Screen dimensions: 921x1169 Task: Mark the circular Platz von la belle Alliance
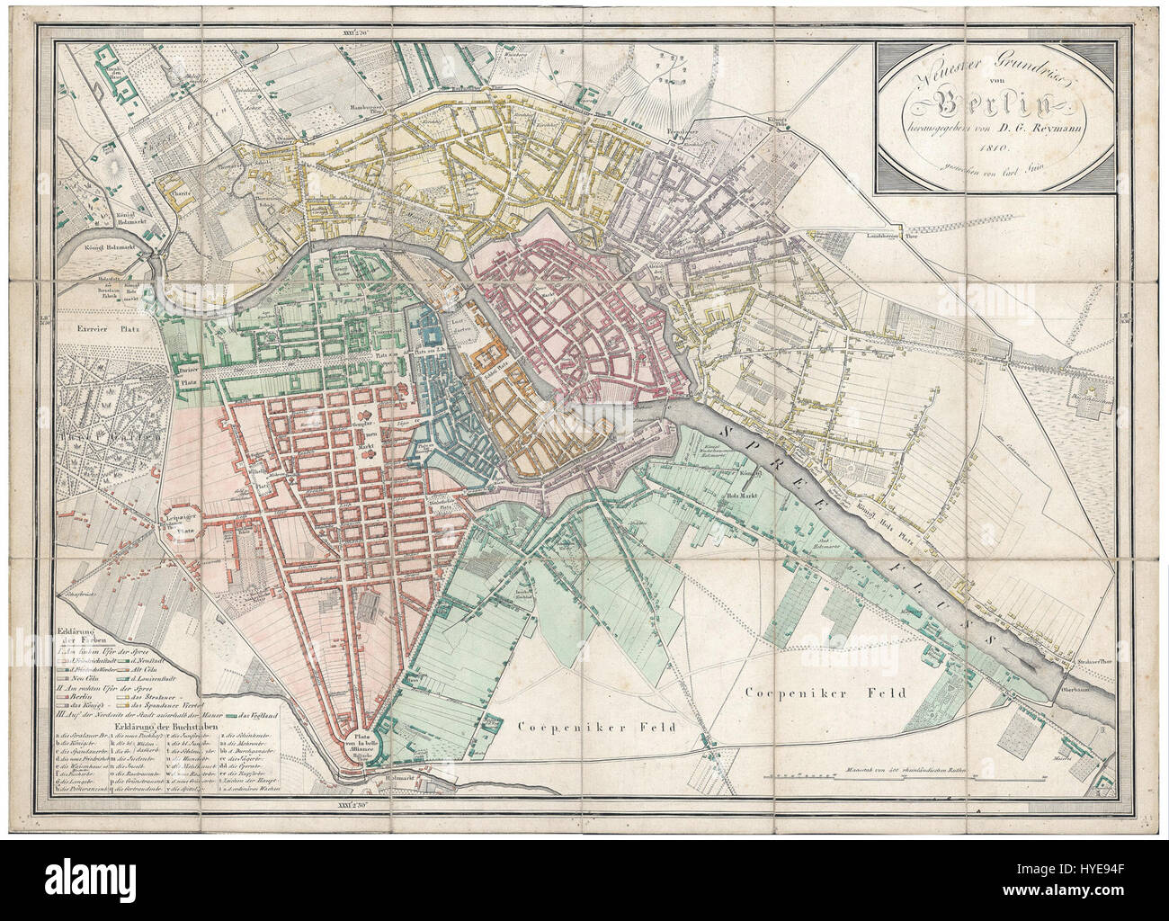361,744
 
